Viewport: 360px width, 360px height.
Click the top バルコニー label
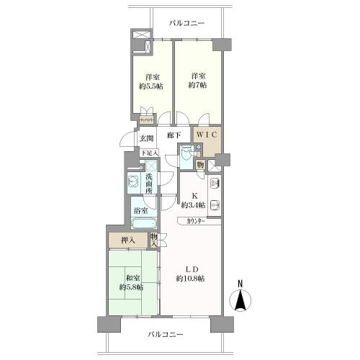pyautogui.click(x=186, y=23)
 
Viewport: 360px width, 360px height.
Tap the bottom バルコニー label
pyautogui.click(x=166, y=335)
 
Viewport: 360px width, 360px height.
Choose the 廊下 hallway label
pyautogui.click(x=174, y=135)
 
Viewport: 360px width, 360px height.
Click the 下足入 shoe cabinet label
pyautogui.click(x=148, y=153)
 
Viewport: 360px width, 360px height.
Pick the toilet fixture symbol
pyautogui.click(x=186, y=153)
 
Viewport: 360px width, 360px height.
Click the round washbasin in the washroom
pyautogui.click(x=133, y=182)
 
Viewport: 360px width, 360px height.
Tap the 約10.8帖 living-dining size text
pyautogui.click(x=190, y=278)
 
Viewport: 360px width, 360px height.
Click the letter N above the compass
pyautogui.click(x=240, y=283)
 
